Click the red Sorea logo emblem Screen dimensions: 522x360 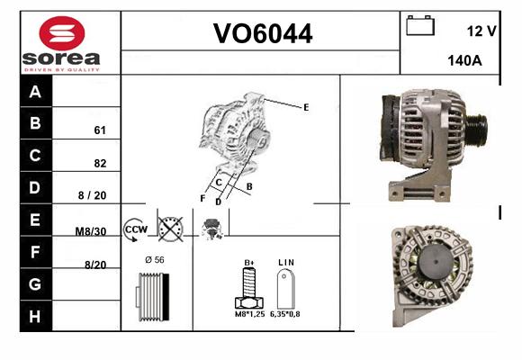[62, 33]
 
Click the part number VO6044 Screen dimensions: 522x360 [263, 33]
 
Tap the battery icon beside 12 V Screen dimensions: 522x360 [420, 25]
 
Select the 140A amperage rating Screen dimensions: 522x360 [464, 60]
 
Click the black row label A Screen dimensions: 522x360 [35, 91]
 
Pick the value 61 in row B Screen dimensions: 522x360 [100, 130]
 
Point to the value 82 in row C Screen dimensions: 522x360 [100, 163]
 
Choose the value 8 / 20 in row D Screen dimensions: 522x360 [92, 195]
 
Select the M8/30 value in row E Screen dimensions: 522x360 [91, 231]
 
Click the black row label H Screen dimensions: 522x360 [35, 316]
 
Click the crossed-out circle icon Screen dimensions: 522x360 [170, 229]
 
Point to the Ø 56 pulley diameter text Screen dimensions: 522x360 [155, 260]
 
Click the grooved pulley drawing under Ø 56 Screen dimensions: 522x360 [152, 296]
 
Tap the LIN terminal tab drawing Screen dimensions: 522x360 [285, 288]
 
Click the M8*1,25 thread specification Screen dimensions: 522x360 [249, 314]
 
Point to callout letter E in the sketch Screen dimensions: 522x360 [306, 108]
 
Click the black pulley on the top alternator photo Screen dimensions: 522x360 [476, 128]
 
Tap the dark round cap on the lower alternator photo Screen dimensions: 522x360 [436, 261]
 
